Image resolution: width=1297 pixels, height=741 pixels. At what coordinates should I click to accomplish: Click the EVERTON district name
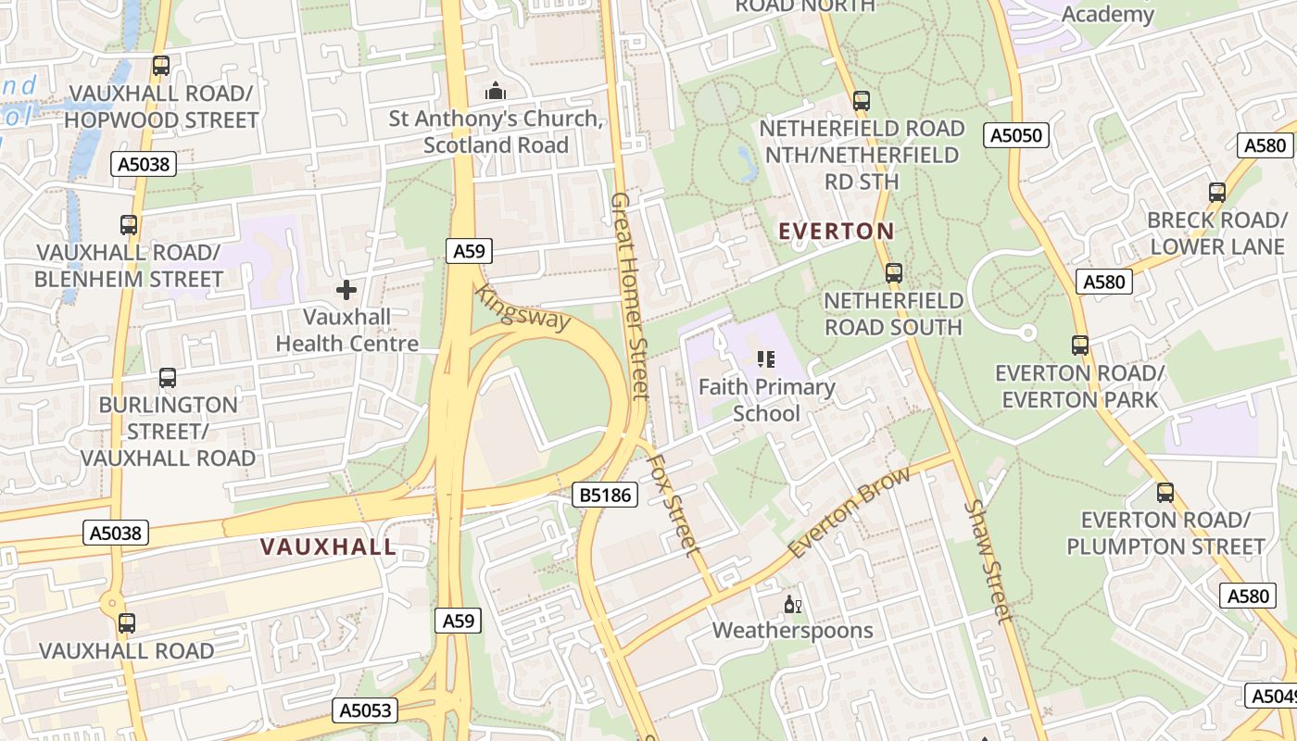(x=837, y=232)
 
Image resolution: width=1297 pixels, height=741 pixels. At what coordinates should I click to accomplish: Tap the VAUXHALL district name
(x=328, y=547)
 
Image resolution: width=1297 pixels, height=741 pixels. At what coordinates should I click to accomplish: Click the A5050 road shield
(x=1016, y=136)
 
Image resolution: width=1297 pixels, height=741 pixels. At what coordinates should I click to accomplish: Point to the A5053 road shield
(x=365, y=710)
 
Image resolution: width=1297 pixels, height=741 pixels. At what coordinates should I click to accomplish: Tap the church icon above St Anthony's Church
(x=496, y=92)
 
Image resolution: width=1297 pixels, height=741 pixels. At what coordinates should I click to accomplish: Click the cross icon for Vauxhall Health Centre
(x=346, y=290)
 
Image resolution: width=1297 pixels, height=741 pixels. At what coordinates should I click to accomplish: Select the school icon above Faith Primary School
(x=766, y=358)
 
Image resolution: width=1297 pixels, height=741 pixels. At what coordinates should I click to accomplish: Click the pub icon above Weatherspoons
(x=793, y=606)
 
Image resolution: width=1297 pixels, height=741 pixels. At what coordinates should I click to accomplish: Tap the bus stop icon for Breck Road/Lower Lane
(x=1217, y=193)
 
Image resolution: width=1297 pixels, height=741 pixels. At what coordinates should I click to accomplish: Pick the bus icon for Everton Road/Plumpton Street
(x=1165, y=493)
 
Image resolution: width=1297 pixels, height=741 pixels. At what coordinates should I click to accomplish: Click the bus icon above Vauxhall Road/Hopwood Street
(x=161, y=66)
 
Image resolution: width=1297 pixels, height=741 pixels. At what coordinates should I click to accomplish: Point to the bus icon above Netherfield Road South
(x=893, y=273)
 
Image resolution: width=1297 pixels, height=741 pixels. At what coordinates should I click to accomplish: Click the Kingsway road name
(x=522, y=308)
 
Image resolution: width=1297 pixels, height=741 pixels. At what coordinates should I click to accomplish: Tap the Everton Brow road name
(x=849, y=512)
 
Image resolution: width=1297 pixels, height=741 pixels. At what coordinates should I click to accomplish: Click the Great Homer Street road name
(x=628, y=296)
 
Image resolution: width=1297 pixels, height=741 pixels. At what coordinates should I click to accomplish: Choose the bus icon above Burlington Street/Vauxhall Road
(x=168, y=378)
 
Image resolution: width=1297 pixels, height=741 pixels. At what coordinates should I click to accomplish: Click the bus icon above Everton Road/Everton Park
(x=1080, y=345)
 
